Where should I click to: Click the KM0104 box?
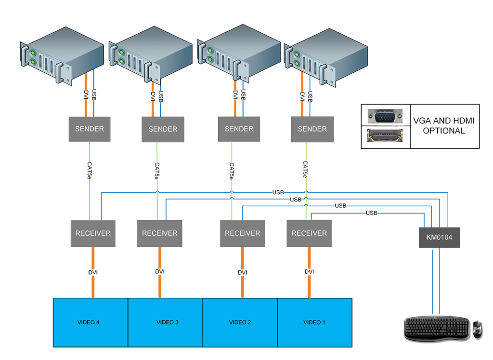click(x=439, y=237)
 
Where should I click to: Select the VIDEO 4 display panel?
click(x=91, y=322)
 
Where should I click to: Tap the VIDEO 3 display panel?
click(x=165, y=322)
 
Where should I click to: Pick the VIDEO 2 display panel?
click(x=240, y=322)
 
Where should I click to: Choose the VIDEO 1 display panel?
click(x=315, y=322)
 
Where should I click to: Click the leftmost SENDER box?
click(x=90, y=129)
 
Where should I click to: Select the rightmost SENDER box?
click(x=312, y=129)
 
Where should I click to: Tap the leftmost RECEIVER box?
click(x=93, y=233)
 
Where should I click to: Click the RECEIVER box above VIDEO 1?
click(x=309, y=233)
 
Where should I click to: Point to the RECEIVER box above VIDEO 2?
click(x=242, y=233)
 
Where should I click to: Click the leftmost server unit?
click(x=62, y=54)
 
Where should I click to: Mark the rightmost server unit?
click(x=325, y=57)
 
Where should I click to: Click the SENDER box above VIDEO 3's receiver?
click(x=163, y=129)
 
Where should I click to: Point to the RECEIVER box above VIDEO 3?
click(x=160, y=233)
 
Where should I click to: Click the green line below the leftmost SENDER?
click(x=90, y=193)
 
